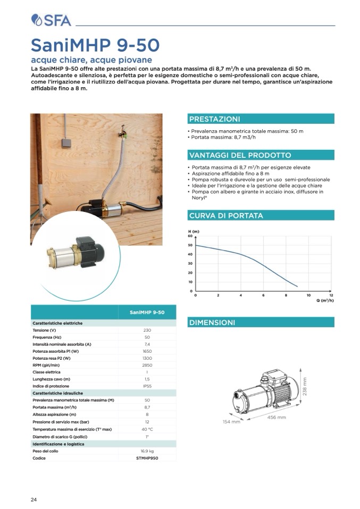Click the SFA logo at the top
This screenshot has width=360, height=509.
pyautogui.click(x=51, y=20)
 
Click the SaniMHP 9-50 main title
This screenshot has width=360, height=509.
pyautogui.click(x=95, y=44)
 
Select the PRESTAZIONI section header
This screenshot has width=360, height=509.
pyautogui.click(x=214, y=119)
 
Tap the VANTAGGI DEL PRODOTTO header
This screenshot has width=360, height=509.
pyautogui.click(x=240, y=155)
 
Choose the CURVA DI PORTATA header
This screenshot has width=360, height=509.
pyautogui.click(x=225, y=216)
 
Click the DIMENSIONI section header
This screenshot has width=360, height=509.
pyautogui.click(x=212, y=323)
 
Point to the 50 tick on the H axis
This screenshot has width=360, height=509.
pyautogui.click(x=190, y=245)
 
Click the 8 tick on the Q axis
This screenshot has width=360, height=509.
pyautogui.click(x=286, y=295)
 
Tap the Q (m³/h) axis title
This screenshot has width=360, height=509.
pyautogui.click(x=324, y=301)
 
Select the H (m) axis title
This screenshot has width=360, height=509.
pyautogui.click(x=194, y=232)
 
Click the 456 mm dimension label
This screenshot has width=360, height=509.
pyautogui.click(x=276, y=417)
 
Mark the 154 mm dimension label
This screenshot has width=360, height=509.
pyautogui.click(x=231, y=422)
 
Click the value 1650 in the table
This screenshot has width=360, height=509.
pyautogui.click(x=147, y=351)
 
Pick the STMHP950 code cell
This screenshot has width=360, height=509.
pyautogui.click(x=147, y=458)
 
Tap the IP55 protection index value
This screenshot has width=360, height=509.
pyautogui.click(x=147, y=386)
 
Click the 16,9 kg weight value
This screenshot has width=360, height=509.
pyautogui.click(x=147, y=451)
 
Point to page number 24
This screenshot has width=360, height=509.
pyautogui.click(x=34, y=499)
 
